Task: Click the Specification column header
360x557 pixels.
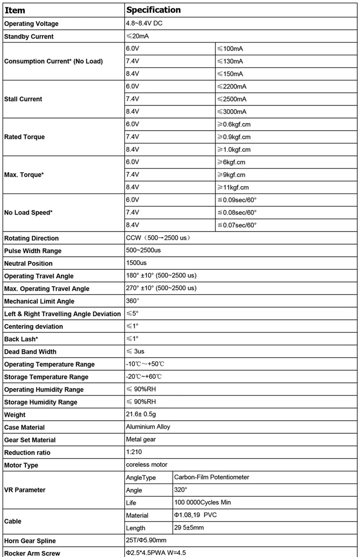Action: click(x=153, y=10)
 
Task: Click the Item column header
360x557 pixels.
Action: click(x=15, y=10)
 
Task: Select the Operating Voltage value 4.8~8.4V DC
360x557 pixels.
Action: click(x=144, y=23)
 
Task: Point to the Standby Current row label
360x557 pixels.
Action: click(x=29, y=36)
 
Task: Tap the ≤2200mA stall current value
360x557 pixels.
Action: click(x=232, y=86)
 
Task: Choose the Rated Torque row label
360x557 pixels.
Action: click(x=24, y=137)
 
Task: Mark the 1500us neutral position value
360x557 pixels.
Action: click(x=136, y=263)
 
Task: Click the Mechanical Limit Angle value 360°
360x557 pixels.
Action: click(x=132, y=300)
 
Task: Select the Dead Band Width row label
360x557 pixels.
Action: click(x=30, y=352)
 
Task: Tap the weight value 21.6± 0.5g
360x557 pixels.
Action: click(x=141, y=414)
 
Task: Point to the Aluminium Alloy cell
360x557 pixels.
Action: click(x=148, y=427)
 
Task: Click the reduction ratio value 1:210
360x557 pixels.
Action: click(x=134, y=452)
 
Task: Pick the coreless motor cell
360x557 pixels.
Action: click(x=147, y=465)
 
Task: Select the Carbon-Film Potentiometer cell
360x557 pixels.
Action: click(x=212, y=477)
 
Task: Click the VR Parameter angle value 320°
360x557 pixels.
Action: click(x=180, y=490)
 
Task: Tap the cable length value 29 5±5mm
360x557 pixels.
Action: click(x=189, y=527)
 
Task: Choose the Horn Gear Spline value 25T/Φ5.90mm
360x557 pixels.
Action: click(x=146, y=540)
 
